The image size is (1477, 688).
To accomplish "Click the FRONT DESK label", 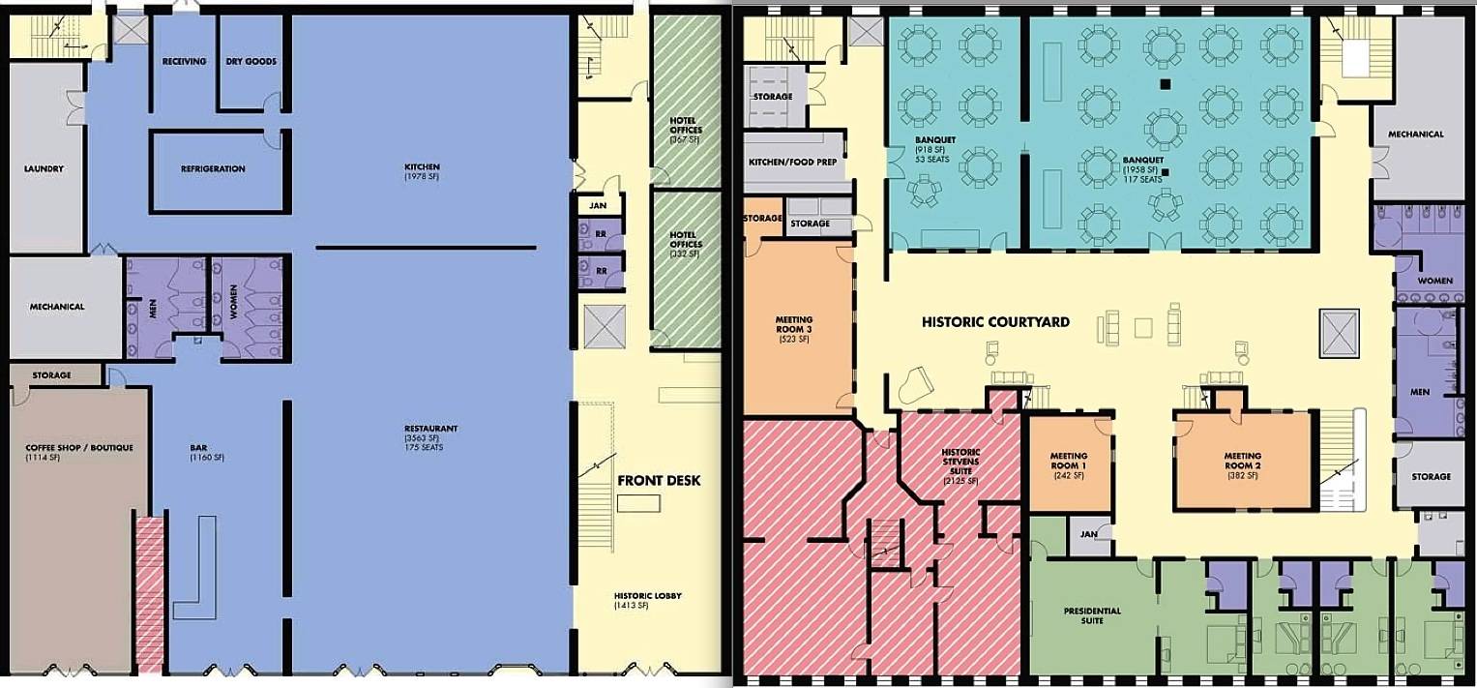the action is click(659, 481).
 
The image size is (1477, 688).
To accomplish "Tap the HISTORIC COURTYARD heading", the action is click(995, 322).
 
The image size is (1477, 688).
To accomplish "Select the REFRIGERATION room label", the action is click(213, 169).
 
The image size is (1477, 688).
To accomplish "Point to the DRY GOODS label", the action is click(251, 61).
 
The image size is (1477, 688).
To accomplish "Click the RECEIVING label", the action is click(184, 61).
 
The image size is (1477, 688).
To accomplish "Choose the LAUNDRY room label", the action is click(44, 169).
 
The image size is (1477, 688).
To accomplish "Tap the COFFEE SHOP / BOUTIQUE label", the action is click(79, 448).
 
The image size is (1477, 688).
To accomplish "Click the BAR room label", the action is click(199, 449).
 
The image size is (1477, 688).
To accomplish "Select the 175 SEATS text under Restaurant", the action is click(424, 447).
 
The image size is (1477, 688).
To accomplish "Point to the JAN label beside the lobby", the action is click(598, 206).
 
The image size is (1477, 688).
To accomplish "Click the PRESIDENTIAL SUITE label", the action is click(1093, 615).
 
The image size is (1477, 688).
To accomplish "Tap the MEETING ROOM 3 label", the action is click(794, 324).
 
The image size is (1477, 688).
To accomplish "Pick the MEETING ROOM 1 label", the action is click(1069, 461).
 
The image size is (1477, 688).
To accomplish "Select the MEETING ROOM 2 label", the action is click(1243, 461).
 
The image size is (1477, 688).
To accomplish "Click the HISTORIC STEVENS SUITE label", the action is click(960, 461).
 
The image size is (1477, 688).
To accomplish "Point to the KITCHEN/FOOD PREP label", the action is click(792, 163).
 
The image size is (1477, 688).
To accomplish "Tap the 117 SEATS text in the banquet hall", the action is click(1142, 179).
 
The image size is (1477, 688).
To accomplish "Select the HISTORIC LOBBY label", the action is click(647, 596).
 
